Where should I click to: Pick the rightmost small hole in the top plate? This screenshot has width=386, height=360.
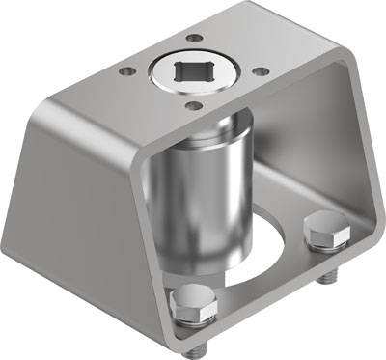pyautogui.click(x=258, y=69)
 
